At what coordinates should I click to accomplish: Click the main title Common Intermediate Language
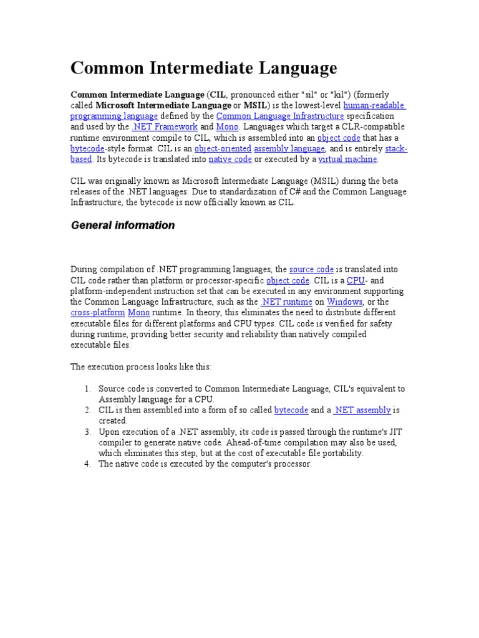[203, 68]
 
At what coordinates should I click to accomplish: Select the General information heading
[122, 226]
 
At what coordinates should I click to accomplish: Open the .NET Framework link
[164, 127]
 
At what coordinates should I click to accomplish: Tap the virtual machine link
[347, 159]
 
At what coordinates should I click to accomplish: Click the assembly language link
[289, 149]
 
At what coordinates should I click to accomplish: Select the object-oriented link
[223, 149]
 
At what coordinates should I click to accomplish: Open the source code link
[311, 270]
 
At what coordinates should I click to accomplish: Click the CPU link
[355, 280]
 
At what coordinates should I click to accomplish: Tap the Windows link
[345, 302]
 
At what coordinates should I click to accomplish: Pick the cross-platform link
[97, 313]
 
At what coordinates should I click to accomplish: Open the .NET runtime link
[286, 302]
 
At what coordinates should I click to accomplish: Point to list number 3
[88, 432]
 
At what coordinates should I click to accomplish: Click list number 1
[88, 389]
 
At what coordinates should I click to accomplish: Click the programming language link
[114, 117]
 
